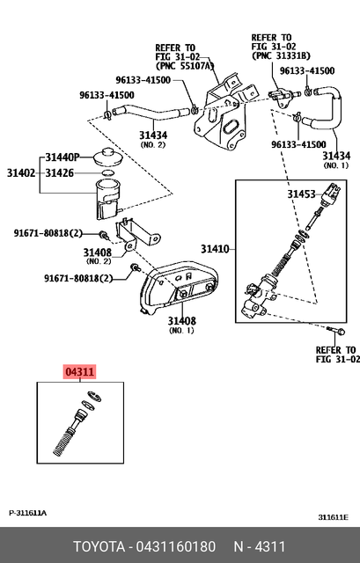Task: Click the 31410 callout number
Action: tap(215, 249)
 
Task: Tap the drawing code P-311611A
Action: tap(28, 513)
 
